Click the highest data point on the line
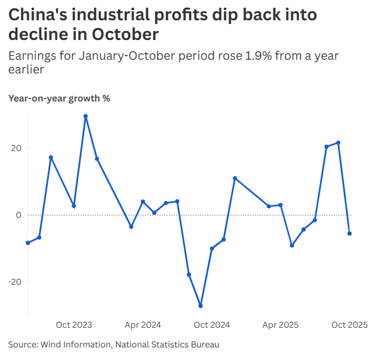click(x=85, y=116)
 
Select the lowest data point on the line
click(x=201, y=306)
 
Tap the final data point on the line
click(x=349, y=233)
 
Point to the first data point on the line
click(x=28, y=243)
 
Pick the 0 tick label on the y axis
click(x=18, y=215)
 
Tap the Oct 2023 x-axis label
click(x=74, y=325)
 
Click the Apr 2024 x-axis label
click(x=143, y=325)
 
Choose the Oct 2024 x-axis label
click(x=212, y=325)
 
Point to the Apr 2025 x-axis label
click(x=281, y=325)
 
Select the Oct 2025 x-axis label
click(x=349, y=325)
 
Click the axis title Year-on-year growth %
click(x=59, y=99)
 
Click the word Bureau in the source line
click(x=204, y=344)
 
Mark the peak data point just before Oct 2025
click(x=338, y=143)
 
